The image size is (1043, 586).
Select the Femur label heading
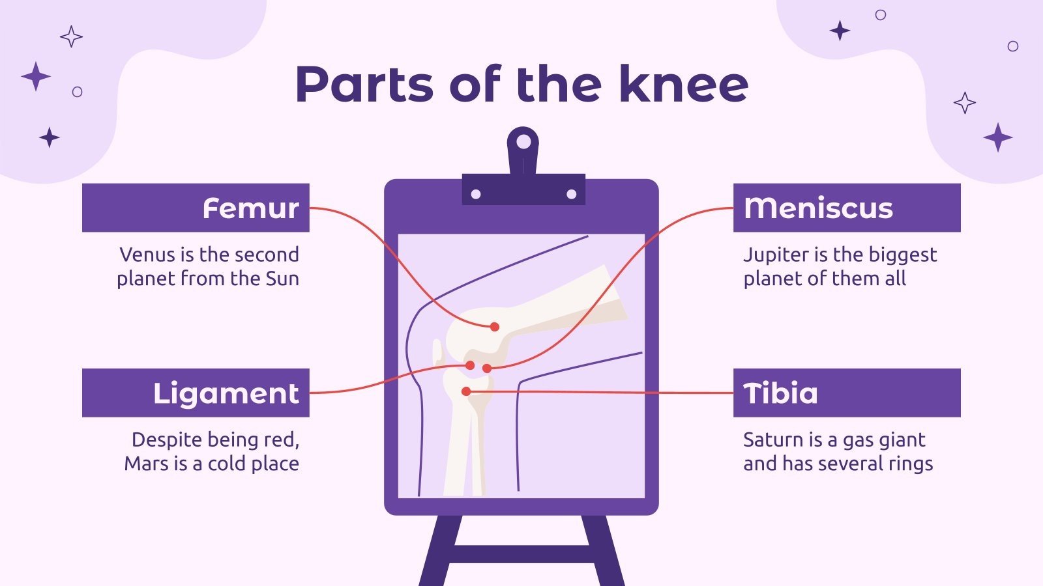point(250,208)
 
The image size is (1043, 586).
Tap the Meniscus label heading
point(818,208)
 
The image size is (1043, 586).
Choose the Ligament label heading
point(226,393)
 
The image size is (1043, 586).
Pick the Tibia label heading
point(780,393)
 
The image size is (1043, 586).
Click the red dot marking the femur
point(495,327)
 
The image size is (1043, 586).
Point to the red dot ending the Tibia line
point(466,391)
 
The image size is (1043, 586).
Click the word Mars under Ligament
point(146,464)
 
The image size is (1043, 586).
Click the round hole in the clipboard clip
point(523,140)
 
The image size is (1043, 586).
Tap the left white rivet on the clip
point(476,194)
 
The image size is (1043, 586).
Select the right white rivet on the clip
point(571,194)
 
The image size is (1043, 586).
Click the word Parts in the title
point(364,85)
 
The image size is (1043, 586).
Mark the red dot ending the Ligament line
point(470,365)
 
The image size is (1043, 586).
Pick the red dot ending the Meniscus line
point(486,369)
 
